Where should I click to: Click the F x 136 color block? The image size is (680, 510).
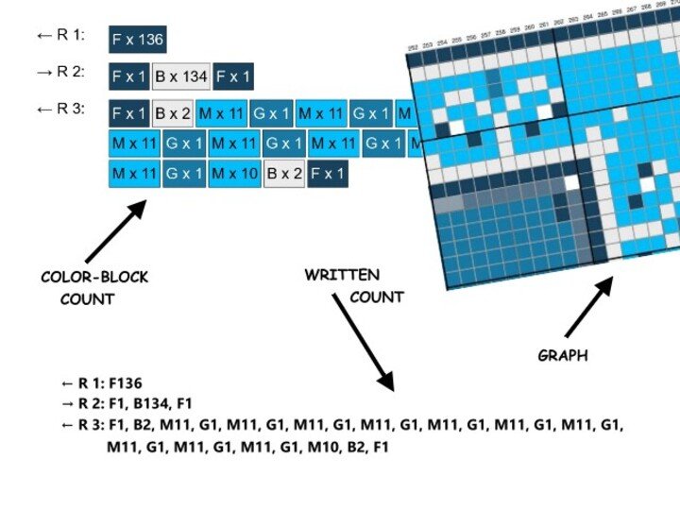[138, 40]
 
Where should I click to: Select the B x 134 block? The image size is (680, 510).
[181, 76]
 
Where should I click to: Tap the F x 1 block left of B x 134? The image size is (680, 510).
[128, 76]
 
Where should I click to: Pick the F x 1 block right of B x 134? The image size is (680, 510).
[233, 76]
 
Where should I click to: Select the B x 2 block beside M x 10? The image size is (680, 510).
[284, 174]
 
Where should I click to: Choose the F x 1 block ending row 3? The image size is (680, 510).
[328, 174]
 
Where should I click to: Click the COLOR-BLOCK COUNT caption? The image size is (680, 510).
[94, 288]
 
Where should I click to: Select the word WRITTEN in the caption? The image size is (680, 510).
[342, 276]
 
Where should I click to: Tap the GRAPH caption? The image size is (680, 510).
[563, 356]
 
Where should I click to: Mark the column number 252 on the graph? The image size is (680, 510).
[413, 47]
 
